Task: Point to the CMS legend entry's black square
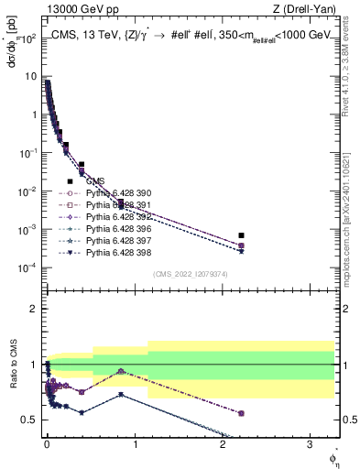pos(70,181)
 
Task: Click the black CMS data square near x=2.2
pos(241,235)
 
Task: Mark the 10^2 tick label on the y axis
pos(27,39)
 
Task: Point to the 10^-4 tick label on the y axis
pos(27,267)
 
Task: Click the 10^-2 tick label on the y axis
pos(27,191)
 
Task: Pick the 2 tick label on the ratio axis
pos(34,309)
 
